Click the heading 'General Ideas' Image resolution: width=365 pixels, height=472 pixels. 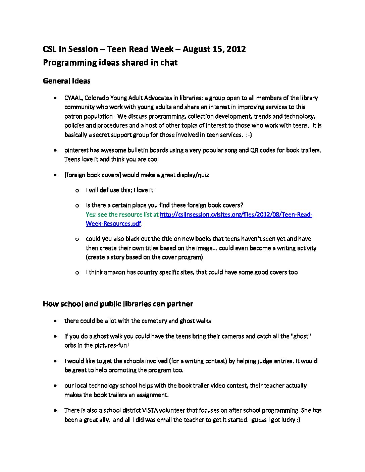click(66, 81)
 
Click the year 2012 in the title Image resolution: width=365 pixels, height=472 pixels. click(236, 49)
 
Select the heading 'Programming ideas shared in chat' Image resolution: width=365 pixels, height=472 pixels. click(110, 63)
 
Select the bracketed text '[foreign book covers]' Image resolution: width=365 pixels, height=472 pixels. click(93, 175)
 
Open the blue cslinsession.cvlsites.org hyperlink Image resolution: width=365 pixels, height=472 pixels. click(236, 215)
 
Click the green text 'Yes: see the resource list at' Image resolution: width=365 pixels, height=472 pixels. click(122, 215)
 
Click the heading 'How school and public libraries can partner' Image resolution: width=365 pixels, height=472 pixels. click(118, 304)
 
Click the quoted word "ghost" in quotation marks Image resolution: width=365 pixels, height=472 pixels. click(301, 336)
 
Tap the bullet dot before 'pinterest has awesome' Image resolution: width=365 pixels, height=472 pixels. click(55, 151)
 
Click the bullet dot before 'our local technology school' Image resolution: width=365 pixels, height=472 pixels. click(55, 386)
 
